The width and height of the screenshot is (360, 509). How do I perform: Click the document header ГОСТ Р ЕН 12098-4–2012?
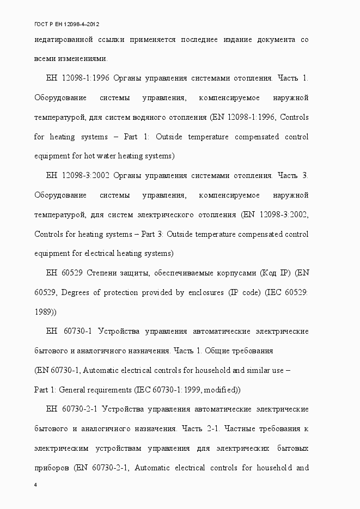(66, 24)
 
